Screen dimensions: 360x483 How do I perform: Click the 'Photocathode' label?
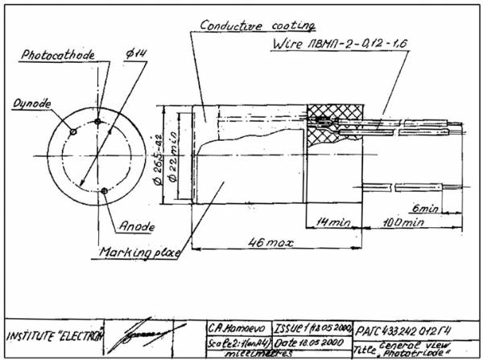[x=58, y=56]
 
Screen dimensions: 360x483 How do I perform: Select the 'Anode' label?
[x=138, y=226]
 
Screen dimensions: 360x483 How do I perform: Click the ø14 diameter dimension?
[x=134, y=53]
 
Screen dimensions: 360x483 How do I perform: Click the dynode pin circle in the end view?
[x=73, y=132]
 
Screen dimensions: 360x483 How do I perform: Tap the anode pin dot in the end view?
[x=105, y=191]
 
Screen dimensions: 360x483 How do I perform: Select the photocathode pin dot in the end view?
[x=97, y=122]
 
